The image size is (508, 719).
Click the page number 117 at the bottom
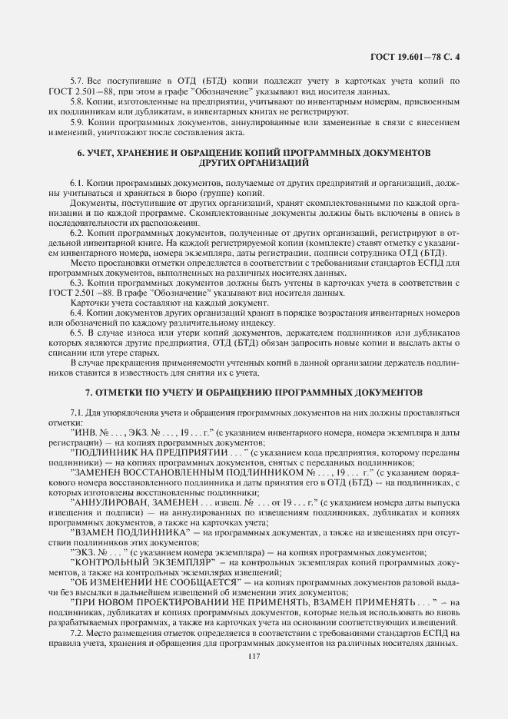(254, 654)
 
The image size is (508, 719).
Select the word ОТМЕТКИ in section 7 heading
(131, 390)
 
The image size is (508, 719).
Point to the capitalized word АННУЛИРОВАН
(111, 502)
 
